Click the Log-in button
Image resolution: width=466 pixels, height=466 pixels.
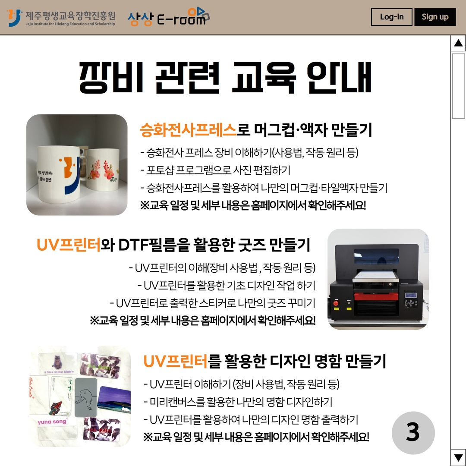(x=391, y=17)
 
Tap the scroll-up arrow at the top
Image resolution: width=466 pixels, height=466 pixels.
(x=458, y=43)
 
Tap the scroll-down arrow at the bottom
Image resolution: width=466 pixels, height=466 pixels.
(x=458, y=457)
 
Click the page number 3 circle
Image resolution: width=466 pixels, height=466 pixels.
(x=413, y=432)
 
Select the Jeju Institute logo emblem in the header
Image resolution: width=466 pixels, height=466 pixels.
(x=15, y=18)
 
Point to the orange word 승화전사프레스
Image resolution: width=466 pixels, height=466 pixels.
(x=188, y=130)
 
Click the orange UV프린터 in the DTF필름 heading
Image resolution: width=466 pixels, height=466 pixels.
(x=69, y=245)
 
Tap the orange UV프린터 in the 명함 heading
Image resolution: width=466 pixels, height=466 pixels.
(x=175, y=361)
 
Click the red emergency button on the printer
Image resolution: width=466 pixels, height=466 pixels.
(x=336, y=303)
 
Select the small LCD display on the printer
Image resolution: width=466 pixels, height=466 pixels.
(x=411, y=296)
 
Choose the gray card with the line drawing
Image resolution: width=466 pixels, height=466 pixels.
(x=86, y=397)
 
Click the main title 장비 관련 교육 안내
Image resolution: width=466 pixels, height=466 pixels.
(x=225, y=78)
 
